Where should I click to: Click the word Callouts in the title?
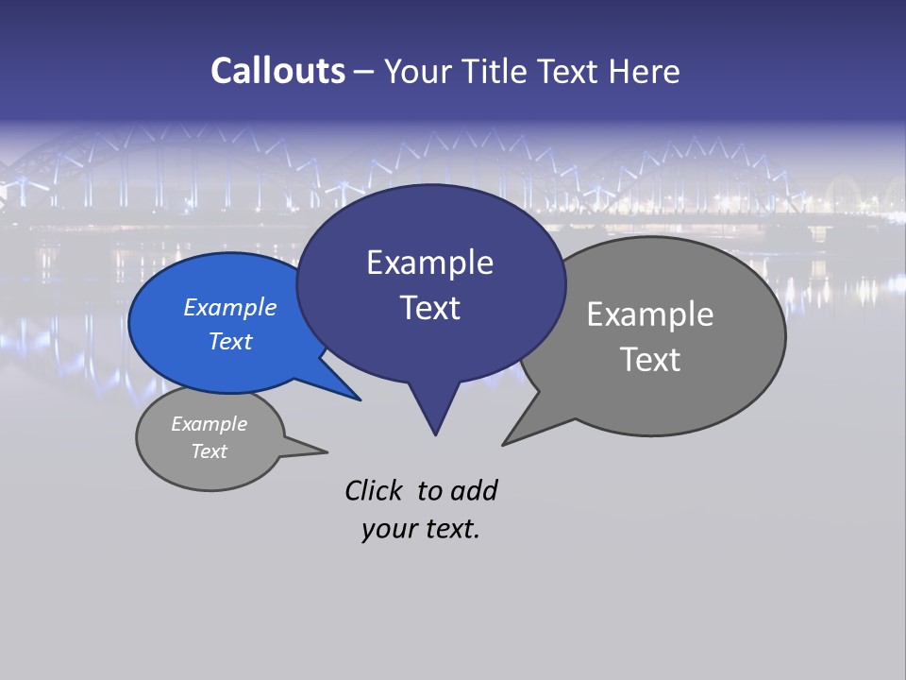pos(277,71)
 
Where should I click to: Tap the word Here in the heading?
pos(645,72)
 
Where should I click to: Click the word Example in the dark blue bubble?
pos(429,263)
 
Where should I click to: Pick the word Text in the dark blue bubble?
pos(429,308)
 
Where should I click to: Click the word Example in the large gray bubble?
pos(650,314)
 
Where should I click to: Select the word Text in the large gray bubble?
pos(650,360)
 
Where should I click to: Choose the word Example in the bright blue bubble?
pos(229,307)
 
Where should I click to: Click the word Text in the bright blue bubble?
pos(229,341)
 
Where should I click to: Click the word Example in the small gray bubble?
pos(209,424)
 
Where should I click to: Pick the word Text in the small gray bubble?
pos(209,451)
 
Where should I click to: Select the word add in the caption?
pos(474,490)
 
